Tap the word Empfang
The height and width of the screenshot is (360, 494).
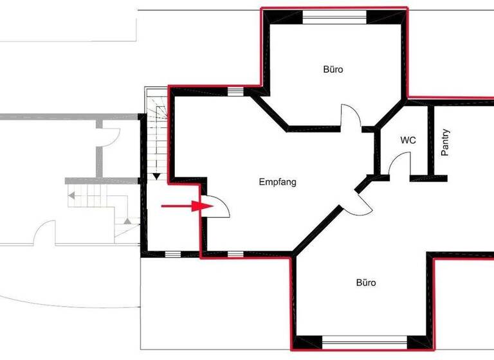click(277, 182)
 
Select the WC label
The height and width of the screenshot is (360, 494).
click(408, 140)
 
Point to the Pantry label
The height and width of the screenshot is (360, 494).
click(445, 143)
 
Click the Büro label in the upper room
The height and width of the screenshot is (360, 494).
click(333, 69)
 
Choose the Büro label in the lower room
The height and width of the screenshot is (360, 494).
click(366, 282)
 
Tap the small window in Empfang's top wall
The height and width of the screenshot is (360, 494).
click(235, 91)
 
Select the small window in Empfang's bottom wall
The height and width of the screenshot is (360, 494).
click(235, 255)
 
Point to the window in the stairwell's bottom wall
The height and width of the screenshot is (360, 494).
click(173, 255)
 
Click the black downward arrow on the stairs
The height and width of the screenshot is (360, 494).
click(157, 175)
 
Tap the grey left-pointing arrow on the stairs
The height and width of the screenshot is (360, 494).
click(73, 194)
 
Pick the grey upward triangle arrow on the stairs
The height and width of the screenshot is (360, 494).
click(127, 221)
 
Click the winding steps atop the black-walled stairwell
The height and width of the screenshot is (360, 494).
click(156, 106)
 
